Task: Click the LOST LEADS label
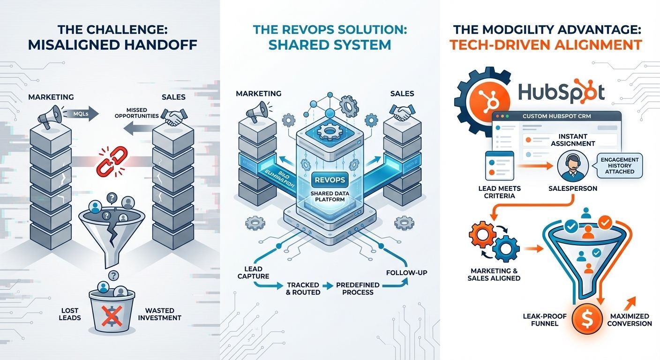click(x=70, y=314)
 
